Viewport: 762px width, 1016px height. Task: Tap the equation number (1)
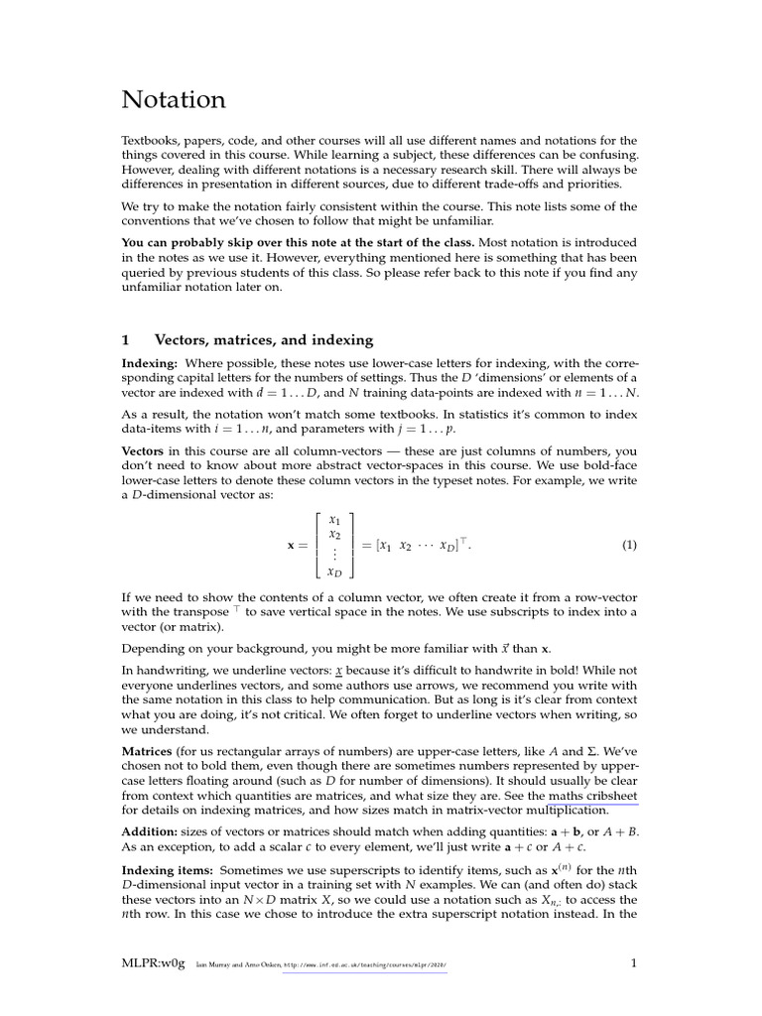629,545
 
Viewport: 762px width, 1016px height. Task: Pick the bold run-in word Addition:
150,830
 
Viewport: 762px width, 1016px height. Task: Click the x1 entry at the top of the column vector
334,519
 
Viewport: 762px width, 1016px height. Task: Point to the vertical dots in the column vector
334,555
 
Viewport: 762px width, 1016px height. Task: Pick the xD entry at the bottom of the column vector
334,572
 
